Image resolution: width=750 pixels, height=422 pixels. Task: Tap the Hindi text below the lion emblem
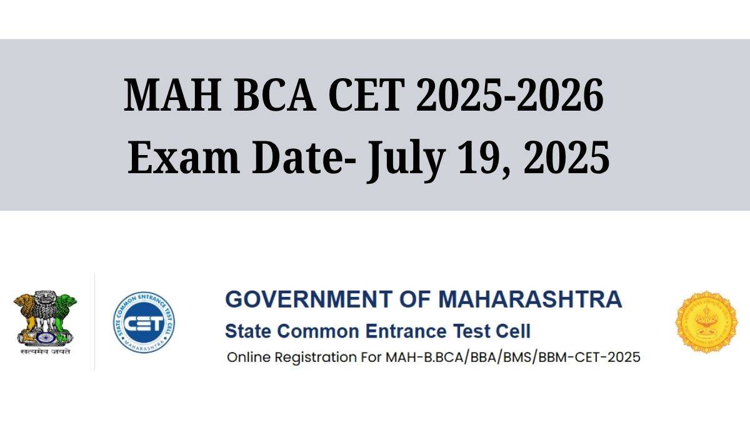coord(44,352)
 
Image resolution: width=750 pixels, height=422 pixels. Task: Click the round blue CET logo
coord(144,323)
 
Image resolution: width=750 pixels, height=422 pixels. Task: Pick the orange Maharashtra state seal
coord(706,322)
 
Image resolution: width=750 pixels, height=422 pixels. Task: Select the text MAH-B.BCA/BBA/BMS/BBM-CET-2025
coord(513,358)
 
